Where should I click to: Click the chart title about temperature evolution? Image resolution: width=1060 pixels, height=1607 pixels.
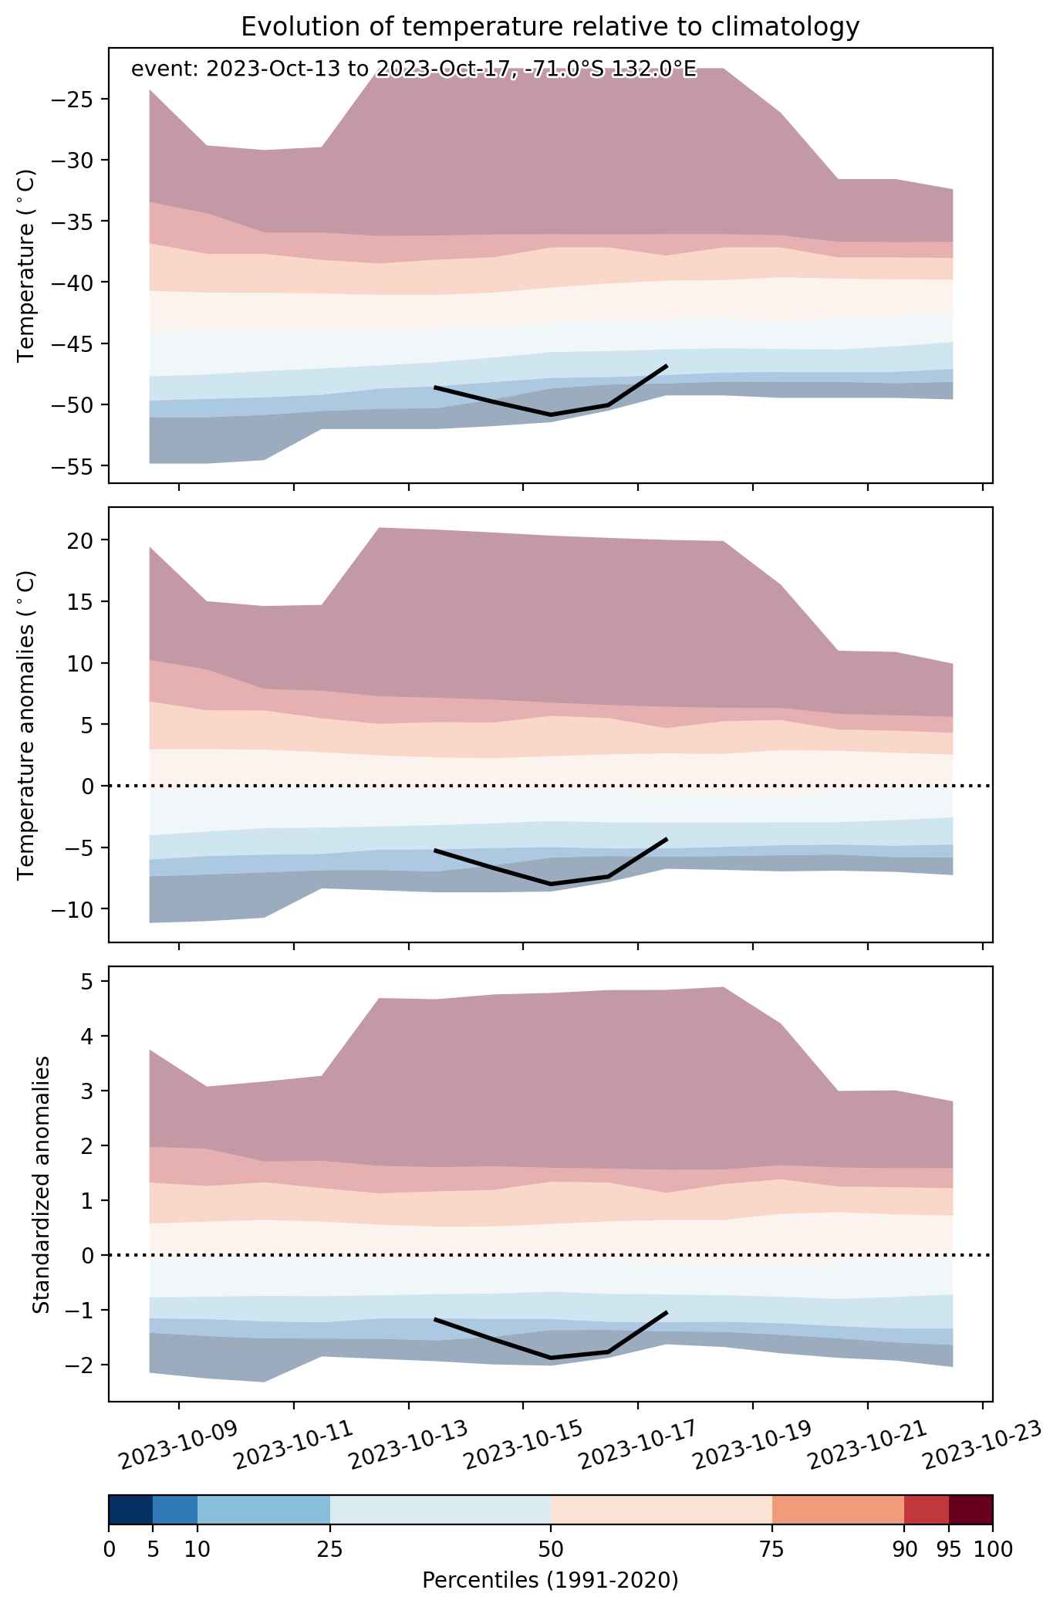click(550, 27)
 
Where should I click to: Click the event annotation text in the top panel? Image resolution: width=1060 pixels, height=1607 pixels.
click(414, 69)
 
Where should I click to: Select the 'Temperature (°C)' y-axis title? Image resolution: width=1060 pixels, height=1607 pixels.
click(26, 266)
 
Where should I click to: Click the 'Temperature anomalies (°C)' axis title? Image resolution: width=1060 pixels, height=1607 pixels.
click(26, 725)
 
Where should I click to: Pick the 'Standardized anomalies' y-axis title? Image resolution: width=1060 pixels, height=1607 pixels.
click(42, 1184)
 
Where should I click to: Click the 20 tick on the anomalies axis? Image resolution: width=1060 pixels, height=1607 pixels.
click(82, 540)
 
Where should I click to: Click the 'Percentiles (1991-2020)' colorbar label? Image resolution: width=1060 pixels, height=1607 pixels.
click(550, 1581)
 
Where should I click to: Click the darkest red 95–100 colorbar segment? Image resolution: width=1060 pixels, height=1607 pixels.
click(971, 1510)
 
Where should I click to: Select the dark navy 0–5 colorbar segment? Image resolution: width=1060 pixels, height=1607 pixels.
click(130, 1510)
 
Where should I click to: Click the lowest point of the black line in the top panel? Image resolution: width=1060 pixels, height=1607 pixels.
click(551, 415)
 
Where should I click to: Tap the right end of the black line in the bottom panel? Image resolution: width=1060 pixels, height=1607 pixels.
click(667, 1312)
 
